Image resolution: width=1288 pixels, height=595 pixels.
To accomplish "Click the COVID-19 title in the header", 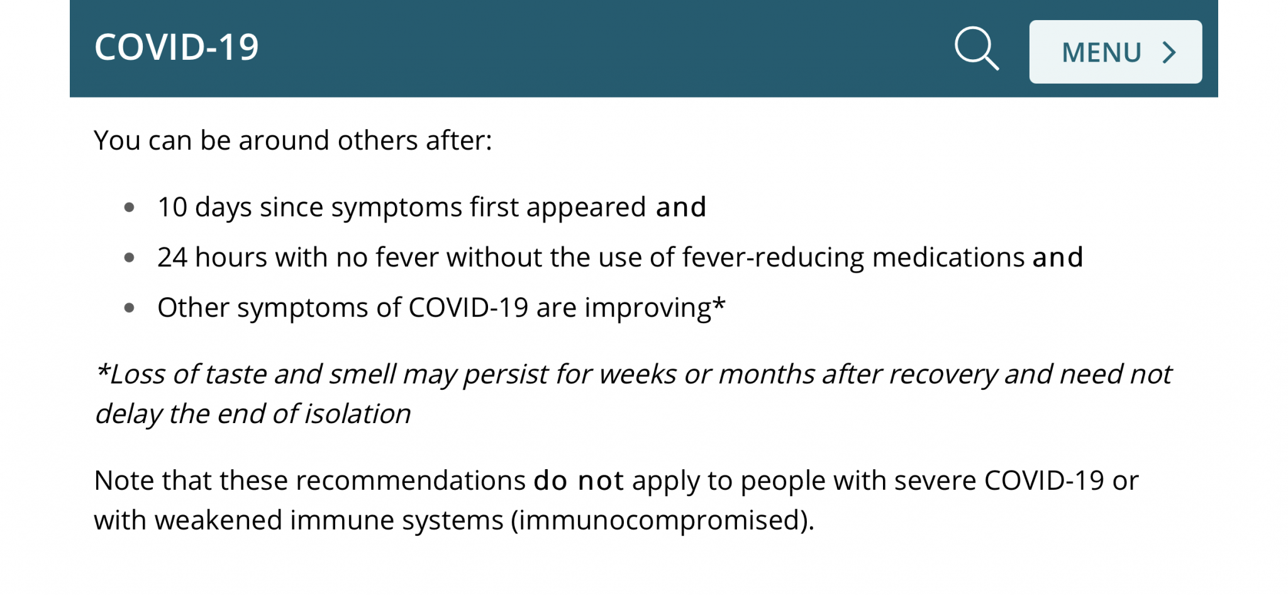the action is click(177, 47).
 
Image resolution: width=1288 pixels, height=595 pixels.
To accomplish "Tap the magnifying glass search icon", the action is click(977, 48).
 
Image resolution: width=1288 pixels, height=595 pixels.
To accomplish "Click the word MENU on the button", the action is click(1101, 52).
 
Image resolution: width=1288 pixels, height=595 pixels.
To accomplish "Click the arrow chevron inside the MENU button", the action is click(1169, 52).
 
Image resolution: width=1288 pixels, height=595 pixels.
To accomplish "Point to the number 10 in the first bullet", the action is click(172, 207).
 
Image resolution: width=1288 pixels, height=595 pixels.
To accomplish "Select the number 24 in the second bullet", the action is click(172, 258).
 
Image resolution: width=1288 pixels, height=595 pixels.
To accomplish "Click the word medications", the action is click(948, 258).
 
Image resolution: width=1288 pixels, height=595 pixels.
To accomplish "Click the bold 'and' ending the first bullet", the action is click(681, 207).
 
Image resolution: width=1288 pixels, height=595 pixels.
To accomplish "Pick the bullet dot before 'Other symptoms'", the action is click(130, 308).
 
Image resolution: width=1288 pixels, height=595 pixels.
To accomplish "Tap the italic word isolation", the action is click(357, 414).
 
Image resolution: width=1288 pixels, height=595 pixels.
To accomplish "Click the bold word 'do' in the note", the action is click(551, 480).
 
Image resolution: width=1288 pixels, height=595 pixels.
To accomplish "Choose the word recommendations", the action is click(411, 480).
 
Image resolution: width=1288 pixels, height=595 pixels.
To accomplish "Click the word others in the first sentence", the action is click(377, 140).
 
